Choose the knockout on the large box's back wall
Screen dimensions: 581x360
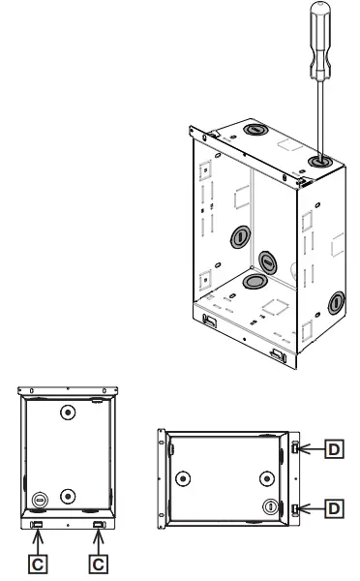(x=269, y=259)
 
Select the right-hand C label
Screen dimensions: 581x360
(x=98, y=561)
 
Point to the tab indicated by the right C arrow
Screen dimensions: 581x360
(x=97, y=524)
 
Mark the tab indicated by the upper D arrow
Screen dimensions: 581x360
(x=295, y=447)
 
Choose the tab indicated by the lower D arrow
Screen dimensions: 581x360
(x=295, y=506)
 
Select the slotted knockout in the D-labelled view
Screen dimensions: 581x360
(x=270, y=505)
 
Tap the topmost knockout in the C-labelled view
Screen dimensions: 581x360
(x=67, y=412)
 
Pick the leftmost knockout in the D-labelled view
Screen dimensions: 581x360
(x=181, y=476)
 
